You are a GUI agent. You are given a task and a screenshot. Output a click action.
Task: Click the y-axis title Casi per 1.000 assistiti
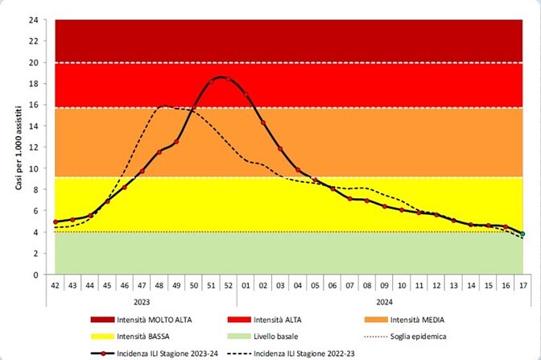18,147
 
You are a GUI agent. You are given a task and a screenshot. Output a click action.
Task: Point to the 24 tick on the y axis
33,20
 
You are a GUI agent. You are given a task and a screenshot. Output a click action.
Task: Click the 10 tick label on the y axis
33,168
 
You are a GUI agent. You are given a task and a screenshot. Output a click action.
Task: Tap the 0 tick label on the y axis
36,275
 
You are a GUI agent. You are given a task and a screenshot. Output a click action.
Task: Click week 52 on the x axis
229,285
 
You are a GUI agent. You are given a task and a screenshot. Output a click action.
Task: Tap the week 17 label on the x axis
522,285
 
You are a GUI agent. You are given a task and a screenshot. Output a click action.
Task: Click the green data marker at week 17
522,234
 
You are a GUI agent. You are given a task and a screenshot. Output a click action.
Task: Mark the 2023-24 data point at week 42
56,222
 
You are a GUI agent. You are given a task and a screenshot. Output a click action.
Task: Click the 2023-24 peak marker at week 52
229,79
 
